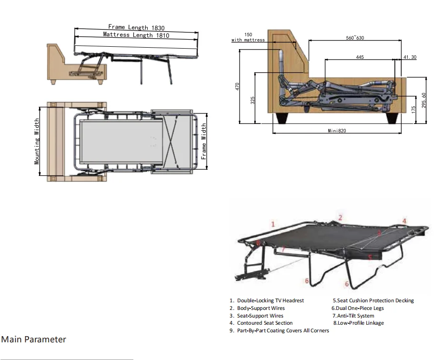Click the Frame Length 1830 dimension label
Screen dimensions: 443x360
click(x=136, y=28)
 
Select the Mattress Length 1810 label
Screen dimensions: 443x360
click(x=136, y=35)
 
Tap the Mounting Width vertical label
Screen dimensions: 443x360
click(x=37, y=141)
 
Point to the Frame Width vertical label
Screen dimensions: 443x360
click(x=204, y=141)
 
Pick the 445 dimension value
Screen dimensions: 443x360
click(x=360, y=57)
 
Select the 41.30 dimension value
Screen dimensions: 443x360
click(x=410, y=57)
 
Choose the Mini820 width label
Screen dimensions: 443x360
click(x=336, y=131)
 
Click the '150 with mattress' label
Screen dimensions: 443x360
click(x=248, y=37)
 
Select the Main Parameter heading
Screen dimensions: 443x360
click(x=33, y=339)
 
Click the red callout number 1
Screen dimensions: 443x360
click(x=273, y=224)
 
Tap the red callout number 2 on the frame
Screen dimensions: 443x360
click(x=340, y=217)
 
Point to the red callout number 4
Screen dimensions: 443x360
click(x=404, y=221)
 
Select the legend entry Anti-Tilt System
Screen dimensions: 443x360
click(x=353, y=316)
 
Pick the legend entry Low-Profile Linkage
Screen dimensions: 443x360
click(x=358, y=323)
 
